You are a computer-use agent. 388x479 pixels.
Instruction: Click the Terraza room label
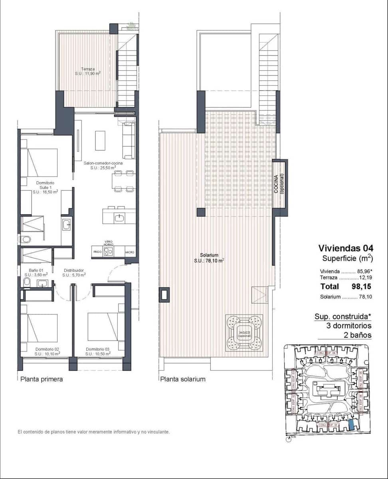[x=87, y=71]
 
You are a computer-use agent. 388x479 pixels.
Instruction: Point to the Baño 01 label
[x=36, y=272]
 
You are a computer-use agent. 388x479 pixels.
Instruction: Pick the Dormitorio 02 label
[x=47, y=351]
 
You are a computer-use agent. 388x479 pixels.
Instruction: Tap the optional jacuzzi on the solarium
[x=245, y=333]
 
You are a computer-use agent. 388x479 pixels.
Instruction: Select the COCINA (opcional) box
[x=280, y=184]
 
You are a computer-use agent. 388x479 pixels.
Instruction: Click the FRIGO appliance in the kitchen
[x=97, y=252]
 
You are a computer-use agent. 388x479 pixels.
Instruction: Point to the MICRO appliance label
[x=129, y=252]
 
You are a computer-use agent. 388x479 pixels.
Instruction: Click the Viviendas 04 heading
[x=345, y=249]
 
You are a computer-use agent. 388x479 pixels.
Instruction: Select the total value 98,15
[x=361, y=286]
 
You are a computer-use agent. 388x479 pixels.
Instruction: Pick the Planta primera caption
[x=42, y=379]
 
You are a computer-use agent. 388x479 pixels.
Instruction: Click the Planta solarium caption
[x=183, y=379]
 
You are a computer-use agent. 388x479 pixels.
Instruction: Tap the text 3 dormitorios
[x=348, y=326]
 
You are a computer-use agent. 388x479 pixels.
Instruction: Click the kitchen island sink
[x=119, y=217]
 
